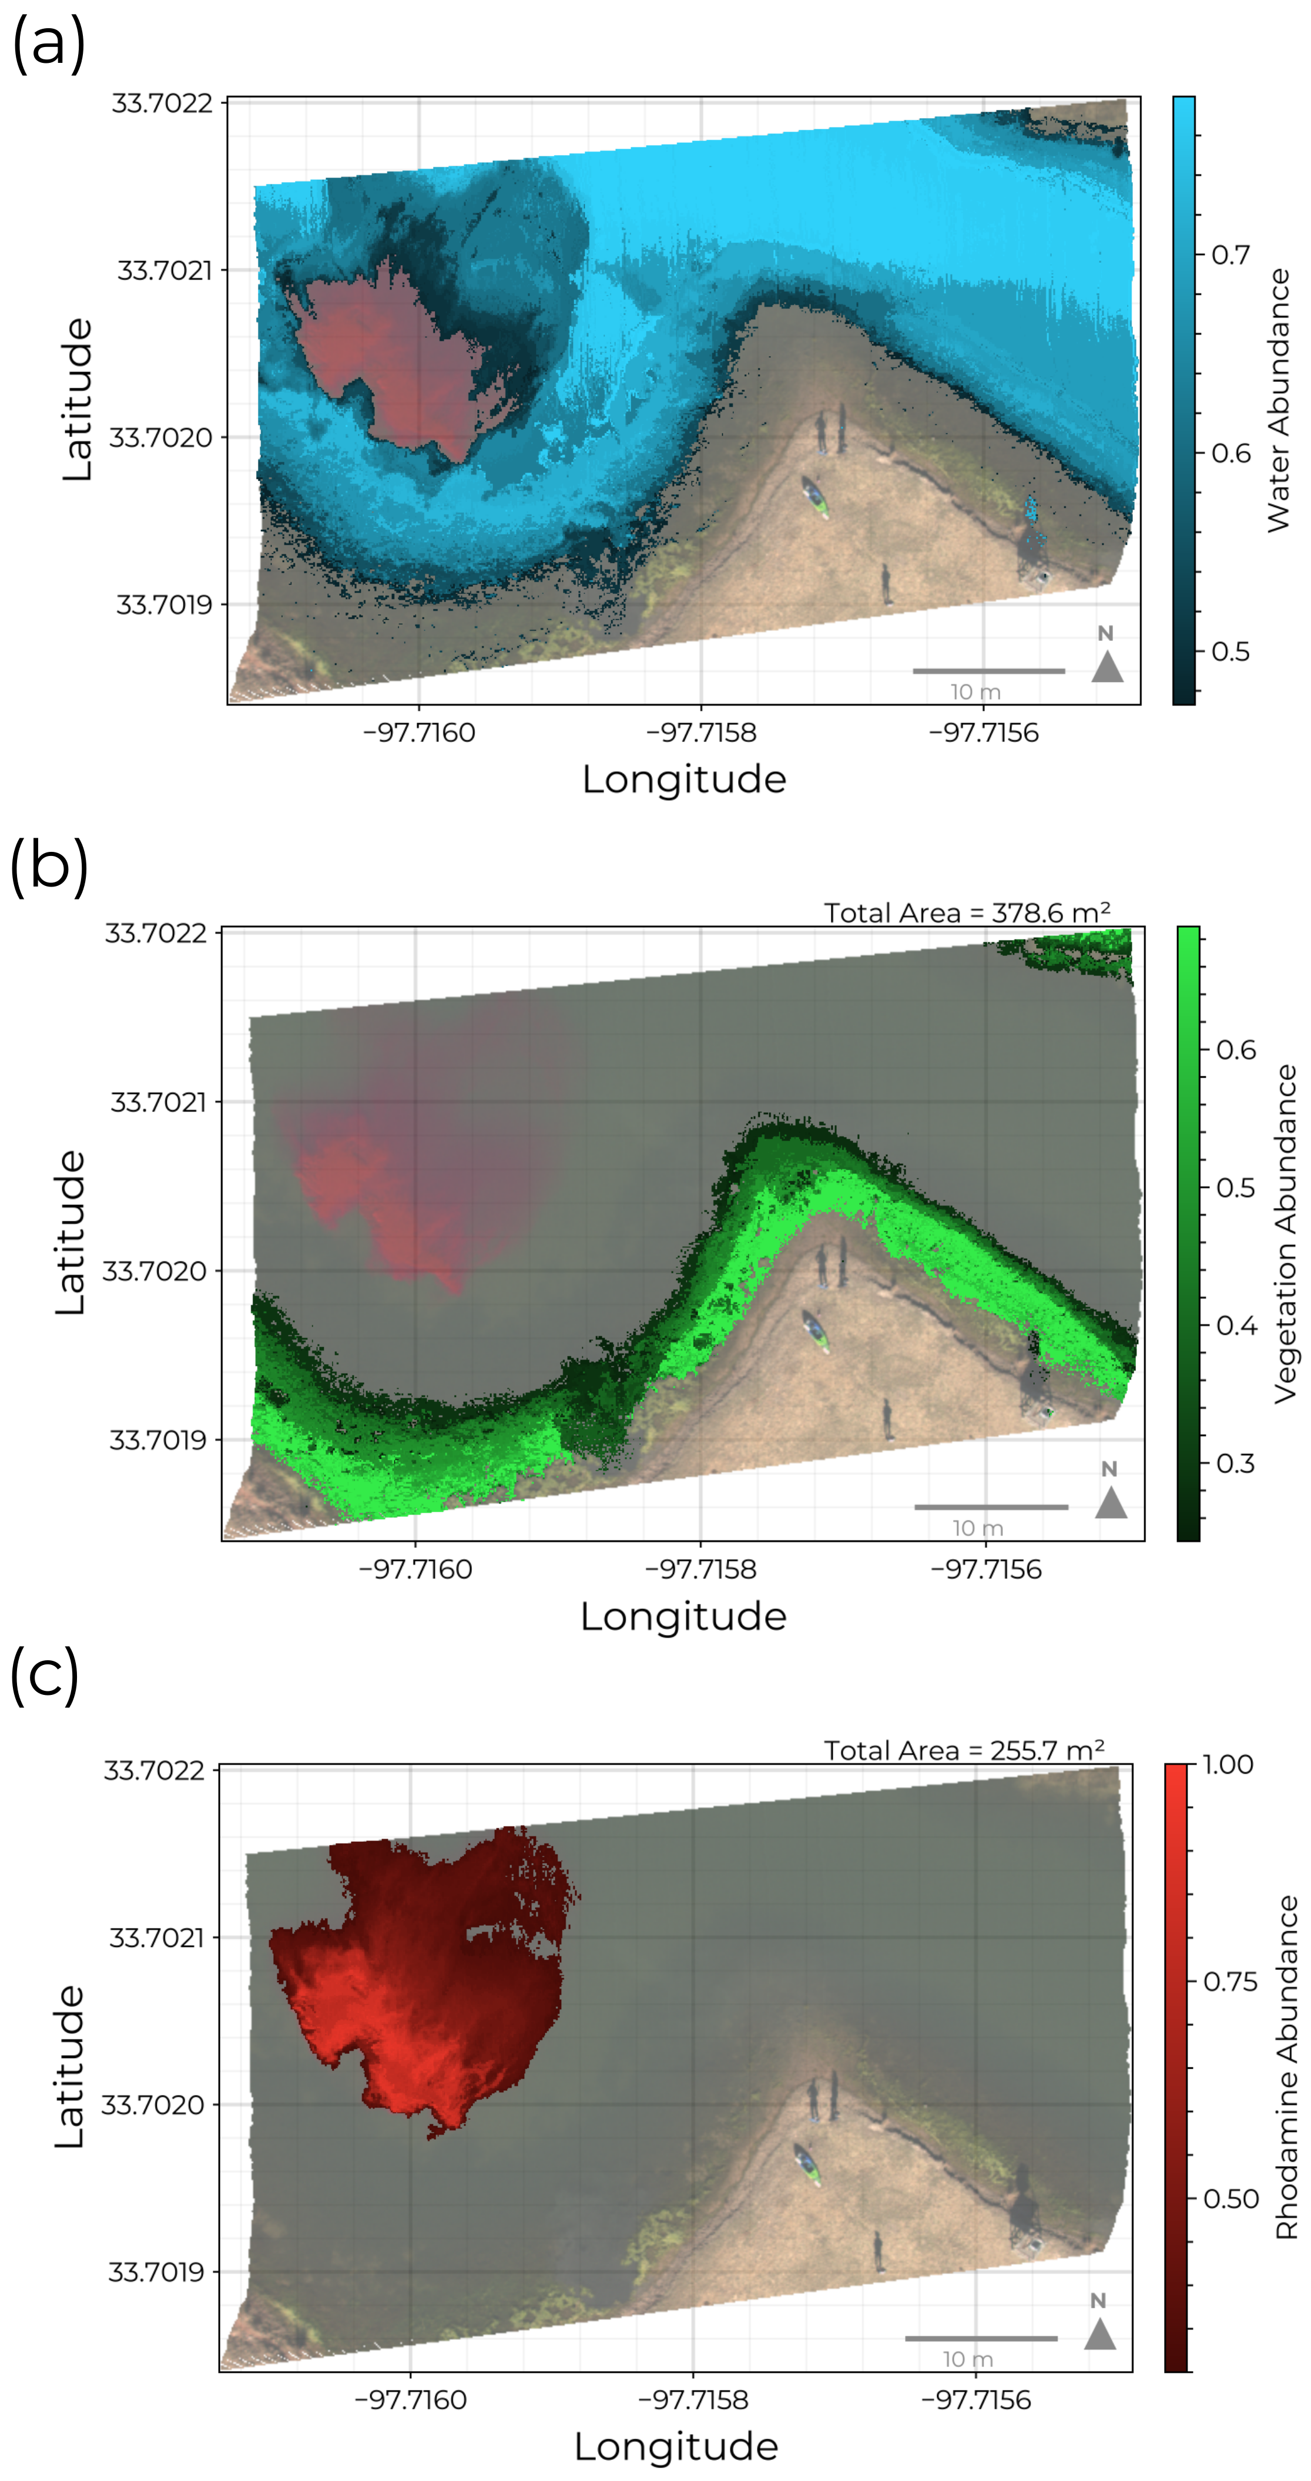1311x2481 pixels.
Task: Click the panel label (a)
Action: [x=48, y=44]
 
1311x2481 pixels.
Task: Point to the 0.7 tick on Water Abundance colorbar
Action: [x=1230, y=255]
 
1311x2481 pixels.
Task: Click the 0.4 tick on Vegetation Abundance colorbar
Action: [x=1236, y=1325]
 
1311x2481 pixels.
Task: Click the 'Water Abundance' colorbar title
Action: [x=1278, y=399]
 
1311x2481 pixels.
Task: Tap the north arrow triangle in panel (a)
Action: [x=1107, y=666]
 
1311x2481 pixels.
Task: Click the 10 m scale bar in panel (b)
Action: [x=990, y=1506]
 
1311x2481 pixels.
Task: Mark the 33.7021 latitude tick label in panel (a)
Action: [x=164, y=271]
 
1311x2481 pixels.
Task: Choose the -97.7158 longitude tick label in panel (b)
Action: [x=700, y=1569]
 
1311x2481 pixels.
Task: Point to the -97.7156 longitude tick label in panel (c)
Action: [x=976, y=2399]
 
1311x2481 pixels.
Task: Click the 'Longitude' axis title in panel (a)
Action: [x=684, y=779]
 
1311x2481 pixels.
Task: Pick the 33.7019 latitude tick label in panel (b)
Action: [x=157, y=1440]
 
